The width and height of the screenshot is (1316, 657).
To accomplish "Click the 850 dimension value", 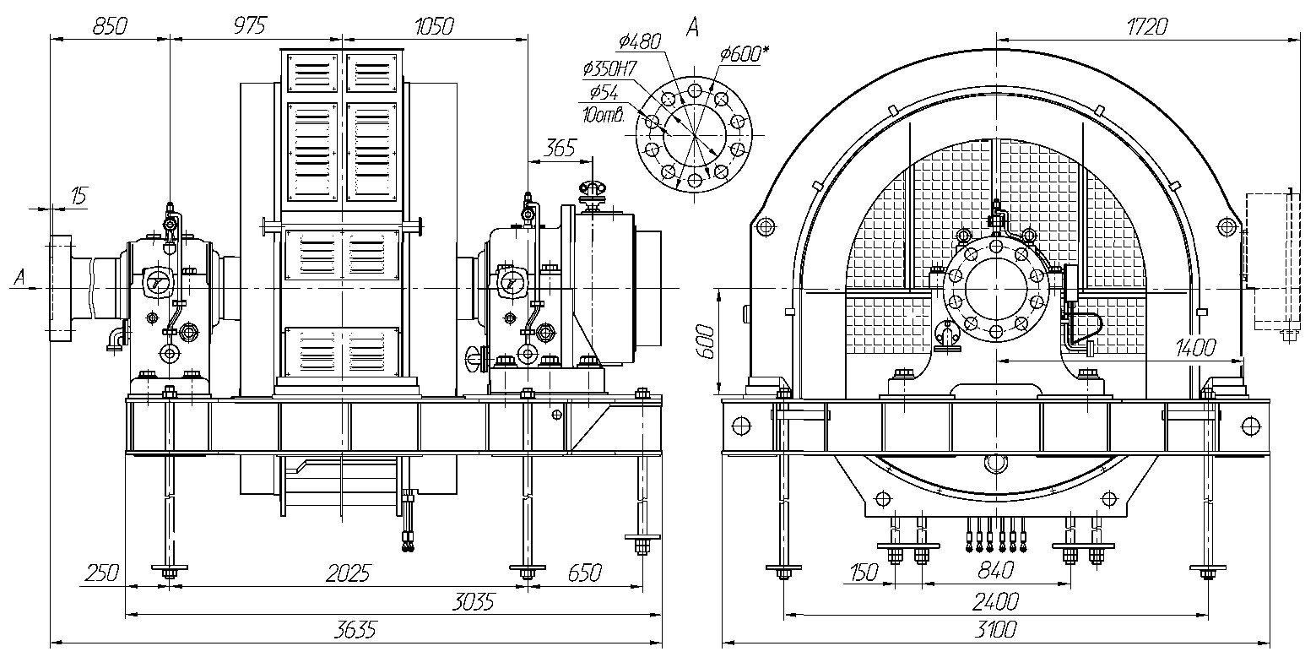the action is pyautogui.click(x=110, y=27).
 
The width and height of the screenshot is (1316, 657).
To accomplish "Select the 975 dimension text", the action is pyautogui.click(x=250, y=26).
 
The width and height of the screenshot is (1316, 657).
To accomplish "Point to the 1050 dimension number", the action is pyautogui.click(x=434, y=27).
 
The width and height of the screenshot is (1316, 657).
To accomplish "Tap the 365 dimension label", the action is pyautogui.click(x=560, y=148).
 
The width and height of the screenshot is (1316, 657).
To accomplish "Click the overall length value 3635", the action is pyautogui.click(x=355, y=630).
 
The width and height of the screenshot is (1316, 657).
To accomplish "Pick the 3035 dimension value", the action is pyautogui.click(x=474, y=602).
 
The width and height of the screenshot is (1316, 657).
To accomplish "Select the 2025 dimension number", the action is pyautogui.click(x=348, y=573).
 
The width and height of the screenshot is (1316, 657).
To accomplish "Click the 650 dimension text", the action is pyautogui.click(x=585, y=573).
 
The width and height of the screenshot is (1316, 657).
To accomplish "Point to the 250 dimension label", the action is pyautogui.click(x=101, y=573).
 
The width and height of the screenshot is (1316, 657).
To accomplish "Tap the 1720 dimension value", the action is pyautogui.click(x=1147, y=27).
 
